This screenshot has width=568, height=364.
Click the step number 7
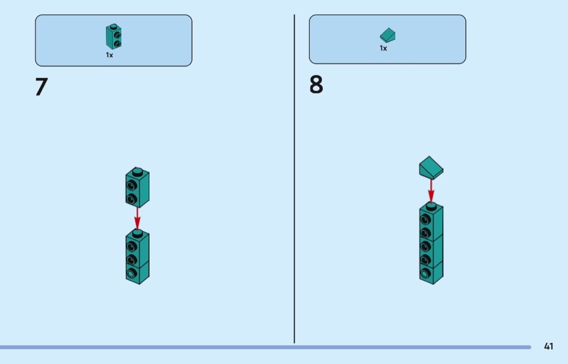tap(41, 87)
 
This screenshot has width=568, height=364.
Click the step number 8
tap(316, 85)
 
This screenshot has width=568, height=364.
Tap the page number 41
tap(549, 346)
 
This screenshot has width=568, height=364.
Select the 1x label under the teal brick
tap(109, 55)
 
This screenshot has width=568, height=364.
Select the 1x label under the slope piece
tap(383, 48)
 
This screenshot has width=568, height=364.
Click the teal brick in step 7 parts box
tap(114, 37)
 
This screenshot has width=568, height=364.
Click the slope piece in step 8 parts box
tap(388, 36)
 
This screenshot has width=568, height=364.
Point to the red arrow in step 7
tap(137, 218)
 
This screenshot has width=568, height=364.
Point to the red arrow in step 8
tap(431, 191)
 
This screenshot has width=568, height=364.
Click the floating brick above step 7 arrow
tap(137, 187)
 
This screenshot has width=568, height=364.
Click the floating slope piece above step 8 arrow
tap(431, 168)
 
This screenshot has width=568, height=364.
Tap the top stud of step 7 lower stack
tap(137, 233)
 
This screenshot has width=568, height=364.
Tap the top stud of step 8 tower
tap(431, 207)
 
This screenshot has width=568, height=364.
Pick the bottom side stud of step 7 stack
tap(131, 273)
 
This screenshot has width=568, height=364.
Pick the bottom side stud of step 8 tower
tap(425, 273)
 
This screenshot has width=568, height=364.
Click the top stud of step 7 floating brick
tap(137, 171)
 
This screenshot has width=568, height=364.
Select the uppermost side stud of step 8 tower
tap(425, 219)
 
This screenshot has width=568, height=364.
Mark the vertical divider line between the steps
tap(294, 179)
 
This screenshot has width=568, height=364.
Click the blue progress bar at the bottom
tap(266, 347)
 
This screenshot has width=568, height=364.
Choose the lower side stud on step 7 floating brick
tap(131, 199)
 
